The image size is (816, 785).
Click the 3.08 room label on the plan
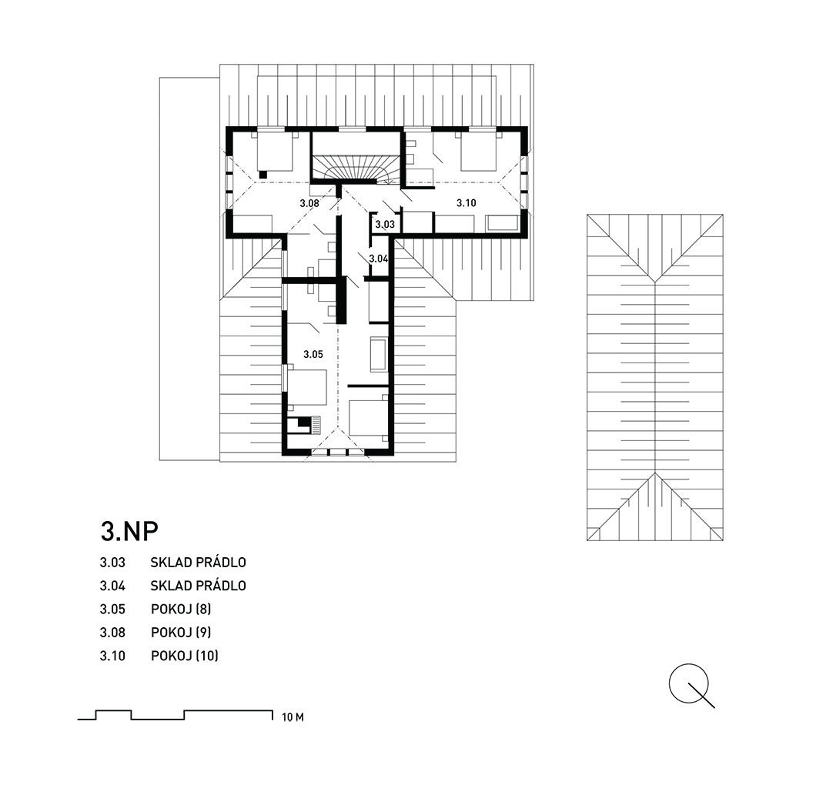click(309, 203)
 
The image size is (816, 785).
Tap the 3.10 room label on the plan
click(467, 203)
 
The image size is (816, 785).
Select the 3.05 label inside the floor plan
click(313, 354)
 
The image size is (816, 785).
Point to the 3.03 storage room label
click(385, 225)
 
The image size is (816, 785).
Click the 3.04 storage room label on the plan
click(379, 258)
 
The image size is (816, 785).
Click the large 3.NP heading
click(129, 531)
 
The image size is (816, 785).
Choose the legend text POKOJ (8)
click(181, 609)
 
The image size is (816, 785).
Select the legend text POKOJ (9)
click(181, 632)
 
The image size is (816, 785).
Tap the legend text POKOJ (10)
click(185, 656)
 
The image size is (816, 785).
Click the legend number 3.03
click(112, 563)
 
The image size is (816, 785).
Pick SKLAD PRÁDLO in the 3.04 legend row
click(199, 585)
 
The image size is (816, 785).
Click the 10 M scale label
click(293, 717)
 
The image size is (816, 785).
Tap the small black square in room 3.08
click(263, 175)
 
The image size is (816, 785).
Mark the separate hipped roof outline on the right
click(654, 378)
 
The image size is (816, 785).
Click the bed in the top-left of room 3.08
click(276, 150)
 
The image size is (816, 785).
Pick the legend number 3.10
click(112, 656)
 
